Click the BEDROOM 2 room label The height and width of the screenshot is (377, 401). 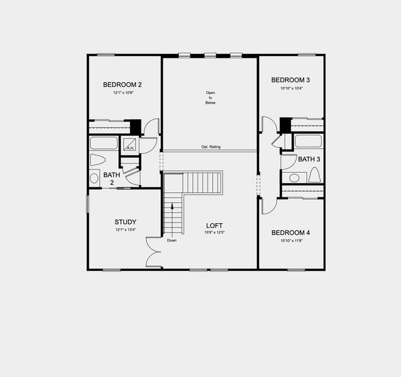[x=123, y=84]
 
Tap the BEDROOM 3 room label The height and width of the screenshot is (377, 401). [x=290, y=80]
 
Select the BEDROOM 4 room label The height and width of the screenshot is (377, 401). [x=290, y=232]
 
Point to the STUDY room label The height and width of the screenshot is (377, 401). [x=125, y=222]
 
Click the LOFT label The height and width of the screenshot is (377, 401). [x=214, y=226]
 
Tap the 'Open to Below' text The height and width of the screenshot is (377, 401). [x=210, y=98]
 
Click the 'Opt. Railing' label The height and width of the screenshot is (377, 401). [x=211, y=147]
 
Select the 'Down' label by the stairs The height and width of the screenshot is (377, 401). [x=172, y=240]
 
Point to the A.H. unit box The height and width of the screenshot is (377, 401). [x=131, y=145]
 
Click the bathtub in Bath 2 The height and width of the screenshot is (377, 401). [x=103, y=143]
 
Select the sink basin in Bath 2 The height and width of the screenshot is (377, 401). [x=94, y=178]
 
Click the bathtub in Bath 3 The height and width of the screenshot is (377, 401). [x=308, y=141]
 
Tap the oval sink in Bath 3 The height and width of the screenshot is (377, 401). [x=294, y=178]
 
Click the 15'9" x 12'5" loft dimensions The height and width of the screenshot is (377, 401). [x=214, y=233]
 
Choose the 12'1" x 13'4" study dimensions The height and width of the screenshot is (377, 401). [x=125, y=230]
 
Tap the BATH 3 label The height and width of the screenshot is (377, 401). [x=309, y=159]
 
